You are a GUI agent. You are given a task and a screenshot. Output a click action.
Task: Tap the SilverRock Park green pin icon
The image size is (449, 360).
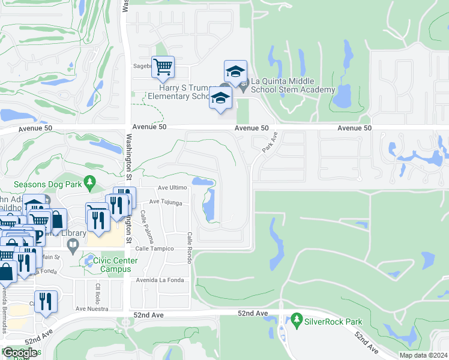tap(295, 321)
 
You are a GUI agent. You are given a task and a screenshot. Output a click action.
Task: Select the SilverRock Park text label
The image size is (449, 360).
tap(334, 322)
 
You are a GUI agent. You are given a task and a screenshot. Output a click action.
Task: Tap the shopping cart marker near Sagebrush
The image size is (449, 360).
tap(163, 68)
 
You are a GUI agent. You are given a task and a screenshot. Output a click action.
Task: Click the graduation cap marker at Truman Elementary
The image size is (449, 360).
tap(221, 98)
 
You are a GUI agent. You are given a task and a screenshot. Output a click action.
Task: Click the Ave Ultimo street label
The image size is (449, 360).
tap(172, 188)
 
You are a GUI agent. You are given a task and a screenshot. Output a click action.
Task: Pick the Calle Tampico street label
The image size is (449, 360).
tap(154, 248)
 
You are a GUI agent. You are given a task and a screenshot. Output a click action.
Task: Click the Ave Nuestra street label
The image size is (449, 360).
tap(92, 308)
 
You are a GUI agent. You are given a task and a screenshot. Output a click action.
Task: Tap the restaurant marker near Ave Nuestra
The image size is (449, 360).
tap(45, 302)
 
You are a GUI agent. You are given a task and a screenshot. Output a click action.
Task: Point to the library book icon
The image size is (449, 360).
tap(72, 245)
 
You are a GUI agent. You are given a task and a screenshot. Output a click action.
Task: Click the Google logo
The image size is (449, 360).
tap(20, 353)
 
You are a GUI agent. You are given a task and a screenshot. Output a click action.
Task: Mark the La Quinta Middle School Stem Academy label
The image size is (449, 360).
tap(292, 85)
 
